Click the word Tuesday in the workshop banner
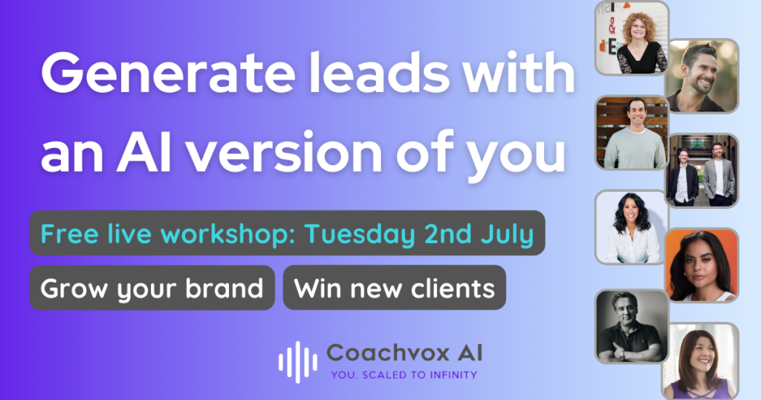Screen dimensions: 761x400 pos(360,235)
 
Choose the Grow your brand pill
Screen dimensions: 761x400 pos(152,288)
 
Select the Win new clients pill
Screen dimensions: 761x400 pos(394,288)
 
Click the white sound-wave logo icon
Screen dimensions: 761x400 pos(298,362)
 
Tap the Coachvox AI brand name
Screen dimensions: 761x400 pos(404,353)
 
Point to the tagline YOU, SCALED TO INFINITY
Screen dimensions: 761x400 pos(404,375)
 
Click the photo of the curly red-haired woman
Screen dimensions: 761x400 pos(632,38)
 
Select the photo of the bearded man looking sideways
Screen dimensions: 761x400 pos(702,77)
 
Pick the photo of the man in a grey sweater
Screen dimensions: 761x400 pos(632,132)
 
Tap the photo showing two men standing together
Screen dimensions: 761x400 pos(702,171)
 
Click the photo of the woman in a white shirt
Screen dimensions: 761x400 pos(632,228)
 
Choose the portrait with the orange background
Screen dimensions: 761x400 pos(702,265)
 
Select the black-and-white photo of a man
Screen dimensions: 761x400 pos(632,326)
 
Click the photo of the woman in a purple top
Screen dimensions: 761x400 pos(701,361)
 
